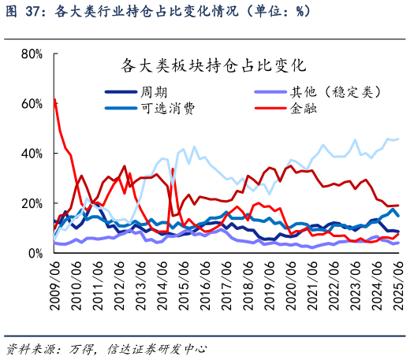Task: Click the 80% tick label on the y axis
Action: coord(32,54)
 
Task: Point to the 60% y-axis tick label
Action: coord(32,103)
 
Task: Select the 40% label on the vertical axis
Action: coord(32,154)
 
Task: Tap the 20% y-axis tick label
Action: coord(32,203)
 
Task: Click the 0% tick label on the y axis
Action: coord(35,254)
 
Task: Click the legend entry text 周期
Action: coord(154,91)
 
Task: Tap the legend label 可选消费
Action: coord(167,108)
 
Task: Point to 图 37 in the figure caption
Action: coord(23,11)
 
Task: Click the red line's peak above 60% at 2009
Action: coord(54,99)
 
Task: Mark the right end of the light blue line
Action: coord(397,139)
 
